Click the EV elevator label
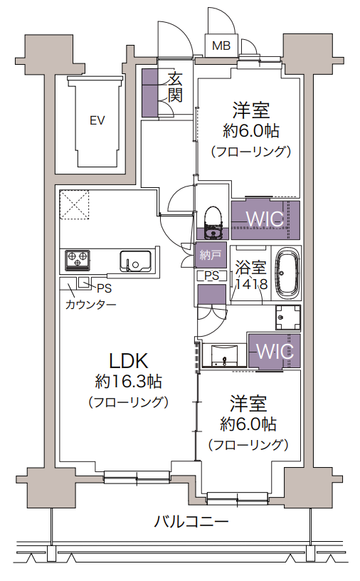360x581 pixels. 97,120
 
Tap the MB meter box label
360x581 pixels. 221,46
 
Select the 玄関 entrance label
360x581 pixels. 175,88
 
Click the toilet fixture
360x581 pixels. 213,222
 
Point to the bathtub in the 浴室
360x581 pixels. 287,274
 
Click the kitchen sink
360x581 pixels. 135,261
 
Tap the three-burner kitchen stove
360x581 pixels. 78,258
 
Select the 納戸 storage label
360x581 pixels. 211,255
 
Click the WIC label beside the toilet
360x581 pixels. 265,219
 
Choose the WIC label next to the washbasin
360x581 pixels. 275,351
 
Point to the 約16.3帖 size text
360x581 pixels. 128,382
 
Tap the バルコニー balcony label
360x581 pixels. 191,522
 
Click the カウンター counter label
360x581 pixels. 91,305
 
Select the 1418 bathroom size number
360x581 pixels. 252,284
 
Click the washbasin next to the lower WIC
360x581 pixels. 223,356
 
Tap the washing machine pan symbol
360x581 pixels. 287,318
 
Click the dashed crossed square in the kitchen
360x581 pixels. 75,205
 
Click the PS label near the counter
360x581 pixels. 104,288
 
